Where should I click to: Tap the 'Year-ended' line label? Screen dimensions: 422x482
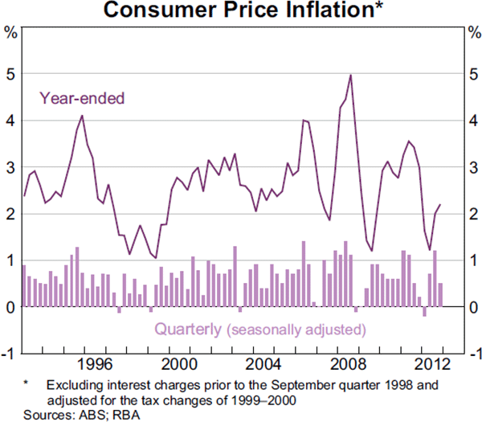click(x=82, y=99)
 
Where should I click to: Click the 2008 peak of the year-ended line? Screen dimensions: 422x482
click(x=350, y=75)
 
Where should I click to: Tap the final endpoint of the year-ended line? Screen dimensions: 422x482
click(x=439, y=205)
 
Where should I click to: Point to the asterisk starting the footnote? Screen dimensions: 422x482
click(x=27, y=384)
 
